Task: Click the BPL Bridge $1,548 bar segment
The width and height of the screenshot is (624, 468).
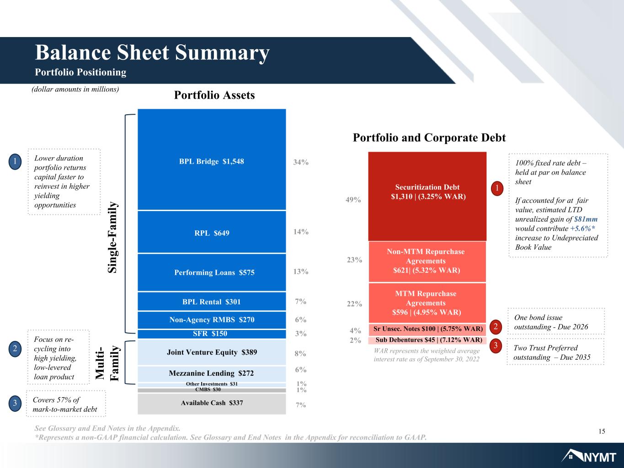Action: tap(212, 160)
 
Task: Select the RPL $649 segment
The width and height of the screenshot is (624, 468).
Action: tap(212, 232)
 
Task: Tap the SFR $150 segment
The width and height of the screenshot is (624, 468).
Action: tap(212, 334)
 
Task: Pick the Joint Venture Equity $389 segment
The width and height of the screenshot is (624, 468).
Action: tap(212, 352)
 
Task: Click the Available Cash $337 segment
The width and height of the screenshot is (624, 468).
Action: tap(212, 404)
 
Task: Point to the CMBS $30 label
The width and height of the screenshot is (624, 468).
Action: tap(208, 389)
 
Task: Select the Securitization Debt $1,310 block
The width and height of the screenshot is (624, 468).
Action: tap(427, 197)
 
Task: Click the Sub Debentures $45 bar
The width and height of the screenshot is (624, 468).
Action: tap(427, 340)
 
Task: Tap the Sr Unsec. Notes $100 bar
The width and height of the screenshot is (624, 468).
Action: tap(427, 329)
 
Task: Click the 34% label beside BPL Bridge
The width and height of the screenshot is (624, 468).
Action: tap(301, 162)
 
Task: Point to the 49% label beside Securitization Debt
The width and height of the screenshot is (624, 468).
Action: tap(353, 200)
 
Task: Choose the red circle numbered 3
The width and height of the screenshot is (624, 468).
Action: tap(496, 346)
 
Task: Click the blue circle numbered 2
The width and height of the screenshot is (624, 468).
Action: tap(15, 349)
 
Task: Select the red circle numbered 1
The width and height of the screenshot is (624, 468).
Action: tap(497, 188)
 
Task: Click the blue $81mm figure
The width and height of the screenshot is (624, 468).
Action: tap(586, 219)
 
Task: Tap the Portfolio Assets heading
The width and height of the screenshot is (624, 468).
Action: tap(214, 95)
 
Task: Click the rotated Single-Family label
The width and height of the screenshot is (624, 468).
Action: tap(112, 237)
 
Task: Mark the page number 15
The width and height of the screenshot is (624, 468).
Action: tap(602, 431)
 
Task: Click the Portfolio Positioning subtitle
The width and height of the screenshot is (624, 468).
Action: tap(80, 72)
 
